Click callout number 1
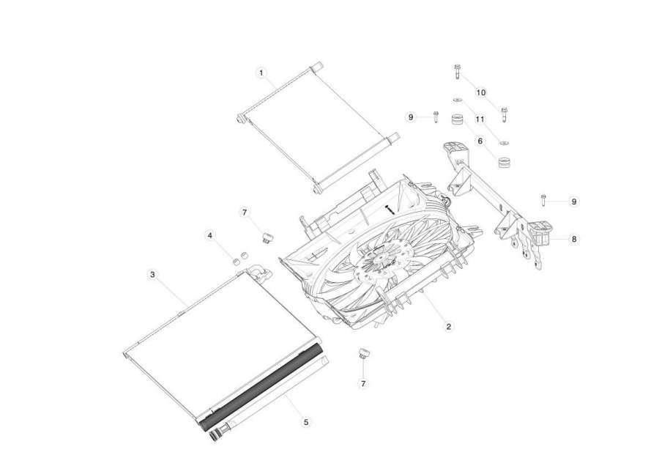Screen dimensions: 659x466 (x=261, y=73)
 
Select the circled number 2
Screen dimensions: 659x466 (x=448, y=326)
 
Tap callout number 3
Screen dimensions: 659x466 (x=152, y=275)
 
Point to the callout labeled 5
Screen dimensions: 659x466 (x=306, y=422)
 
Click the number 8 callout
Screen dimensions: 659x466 (x=574, y=240)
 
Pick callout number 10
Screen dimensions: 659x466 (x=481, y=92)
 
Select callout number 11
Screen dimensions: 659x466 (x=480, y=120)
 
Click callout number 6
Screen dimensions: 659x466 (x=480, y=141)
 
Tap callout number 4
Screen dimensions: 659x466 (x=210, y=235)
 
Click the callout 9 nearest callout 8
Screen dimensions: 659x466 (x=574, y=201)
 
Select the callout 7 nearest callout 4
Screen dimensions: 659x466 (x=245, y=212)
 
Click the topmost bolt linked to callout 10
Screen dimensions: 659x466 (x=457, y=72)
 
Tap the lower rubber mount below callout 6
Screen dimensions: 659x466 (x=504, y=162)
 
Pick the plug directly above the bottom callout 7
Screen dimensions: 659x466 (x=363, y=353)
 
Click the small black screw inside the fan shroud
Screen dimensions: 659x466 (x=390, y=210)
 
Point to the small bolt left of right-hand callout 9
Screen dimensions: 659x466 (x=543, y=200)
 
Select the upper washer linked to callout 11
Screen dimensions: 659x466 (x=457, y=100)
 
